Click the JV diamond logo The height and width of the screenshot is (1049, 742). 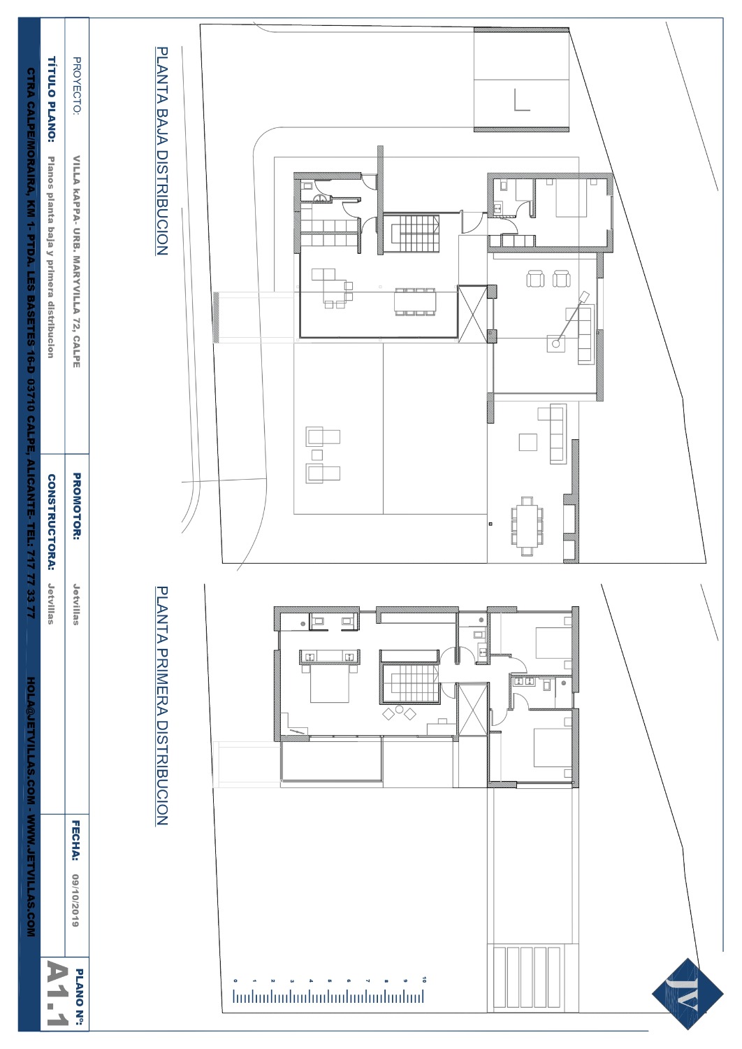click(x=688, y=993)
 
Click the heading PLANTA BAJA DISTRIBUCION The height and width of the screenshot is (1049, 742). click(x=161, y=151)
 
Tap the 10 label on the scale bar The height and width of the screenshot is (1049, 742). click(x=424, y=979)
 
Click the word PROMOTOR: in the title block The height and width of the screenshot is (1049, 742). click(x=77, y=506)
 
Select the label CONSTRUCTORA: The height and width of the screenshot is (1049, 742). click(x=51, y=522)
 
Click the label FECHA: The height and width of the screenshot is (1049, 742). click(x=75, y=841)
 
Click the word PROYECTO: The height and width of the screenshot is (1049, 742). click(x=77, y=85)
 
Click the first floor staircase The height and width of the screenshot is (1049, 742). click(x=409, y=684)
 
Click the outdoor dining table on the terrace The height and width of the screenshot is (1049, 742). click(x=528, y=526)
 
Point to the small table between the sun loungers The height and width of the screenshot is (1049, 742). click(x=317, y=455)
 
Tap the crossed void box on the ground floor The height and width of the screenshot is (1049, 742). click(x=472, y=314)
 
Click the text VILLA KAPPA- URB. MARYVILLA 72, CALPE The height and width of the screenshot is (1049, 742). click(x=77, y=262)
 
